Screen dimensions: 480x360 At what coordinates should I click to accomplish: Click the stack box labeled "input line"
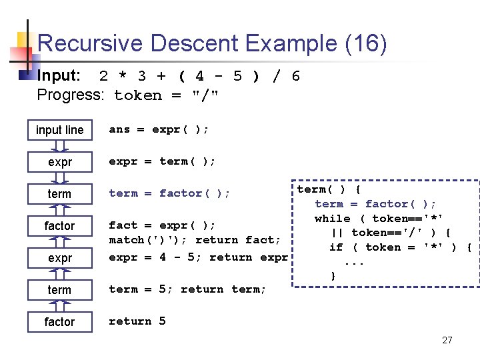(x=59, y=130)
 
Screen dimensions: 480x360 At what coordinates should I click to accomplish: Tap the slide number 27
(x=447, y=340)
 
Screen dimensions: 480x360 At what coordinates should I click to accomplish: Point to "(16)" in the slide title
(x=365, y=44)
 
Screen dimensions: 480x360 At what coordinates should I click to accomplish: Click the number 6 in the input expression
(x=295, y=76)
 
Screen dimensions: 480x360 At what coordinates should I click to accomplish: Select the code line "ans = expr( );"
(x=159, y=129)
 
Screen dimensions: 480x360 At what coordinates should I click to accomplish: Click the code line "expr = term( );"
(x=162, y=161)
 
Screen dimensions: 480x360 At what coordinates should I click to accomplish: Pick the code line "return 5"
(x=137, y=321)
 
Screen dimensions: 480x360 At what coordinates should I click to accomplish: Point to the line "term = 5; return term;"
(x=187, y=289)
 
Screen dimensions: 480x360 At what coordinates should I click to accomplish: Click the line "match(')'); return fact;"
(x=195, y=239)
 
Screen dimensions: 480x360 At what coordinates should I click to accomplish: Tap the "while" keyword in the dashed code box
(x=332, y=219)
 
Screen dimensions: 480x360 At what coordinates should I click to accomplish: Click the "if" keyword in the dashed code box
(x=336, y=247)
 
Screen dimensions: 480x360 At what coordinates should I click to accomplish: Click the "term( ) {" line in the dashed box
(x=329, y=189)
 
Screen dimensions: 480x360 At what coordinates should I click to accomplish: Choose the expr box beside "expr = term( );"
(x=59, y=162)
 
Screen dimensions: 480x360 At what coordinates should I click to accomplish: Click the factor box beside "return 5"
(x=59, y=322)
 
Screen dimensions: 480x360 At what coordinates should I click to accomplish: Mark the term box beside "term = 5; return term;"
(x=59, y=290)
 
